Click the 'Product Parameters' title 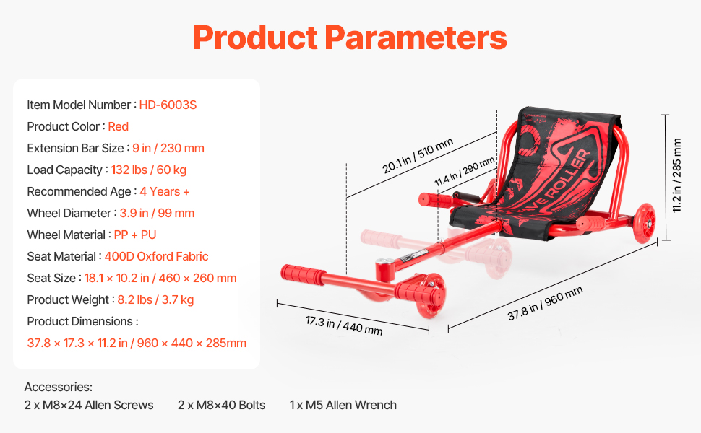pyautogui.click(x=350, y=38)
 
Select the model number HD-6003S pyautogui.click(x=168, y=105)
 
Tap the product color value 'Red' pyautogui.click(x=118, y=127)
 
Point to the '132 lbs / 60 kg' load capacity pyautogui.click(x=149, y=170)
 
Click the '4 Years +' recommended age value pyautogui.click(x=165, y=191)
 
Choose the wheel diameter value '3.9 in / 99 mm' pyautogui.click(x=157, y=214)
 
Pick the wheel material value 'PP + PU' pyautogui.click(x=135, y=235)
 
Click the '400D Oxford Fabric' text pyautogui.click(x=156, y=257)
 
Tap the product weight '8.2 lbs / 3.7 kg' pyautogui.click(x=155, y=300)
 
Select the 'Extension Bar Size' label pyautogui.click(x=76, y=148)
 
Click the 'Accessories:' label pyautogui.click(x=58, y=387)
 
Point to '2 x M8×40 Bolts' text pyautogui.click(x=221, y=405)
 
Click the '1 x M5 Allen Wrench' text pyautogui.click(x=343, y=405)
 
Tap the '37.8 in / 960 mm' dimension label pyautogui.click(x=545, y=304)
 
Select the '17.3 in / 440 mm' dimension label pyautogui.click(x=344, y=325)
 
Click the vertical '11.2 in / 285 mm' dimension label pyautogui.click(x=677, y=175)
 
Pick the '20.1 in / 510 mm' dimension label pyautogui.click(x=418, y=155)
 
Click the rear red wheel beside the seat pyautogui.click(x=644, y=223)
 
